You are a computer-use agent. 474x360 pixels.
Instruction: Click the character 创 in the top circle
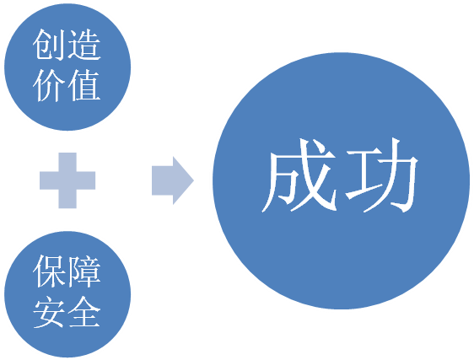[50, 45]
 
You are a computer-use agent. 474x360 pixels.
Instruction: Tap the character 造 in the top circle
[84, 45]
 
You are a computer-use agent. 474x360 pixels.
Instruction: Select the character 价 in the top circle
[50, 86]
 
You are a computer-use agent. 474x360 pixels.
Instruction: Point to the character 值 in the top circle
[84, 86]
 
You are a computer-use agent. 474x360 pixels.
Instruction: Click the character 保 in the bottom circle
[50, 271]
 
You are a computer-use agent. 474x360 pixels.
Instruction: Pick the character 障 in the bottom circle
[84, 271]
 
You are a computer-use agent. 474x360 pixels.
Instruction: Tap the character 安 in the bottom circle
[50, 312]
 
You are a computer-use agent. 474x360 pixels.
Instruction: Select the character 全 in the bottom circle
[84, 312]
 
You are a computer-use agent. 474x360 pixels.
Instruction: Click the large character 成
[299, 175]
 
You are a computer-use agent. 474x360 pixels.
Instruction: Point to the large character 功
[381, 175]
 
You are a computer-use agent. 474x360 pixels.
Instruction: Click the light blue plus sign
[67, 180]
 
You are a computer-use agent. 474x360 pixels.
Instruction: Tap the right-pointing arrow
[173, 180]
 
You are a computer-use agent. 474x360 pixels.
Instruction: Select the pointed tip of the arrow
[193, 180]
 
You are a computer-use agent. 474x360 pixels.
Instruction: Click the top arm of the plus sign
[67, 162]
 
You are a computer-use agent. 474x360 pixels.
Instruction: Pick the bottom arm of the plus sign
[67, 199]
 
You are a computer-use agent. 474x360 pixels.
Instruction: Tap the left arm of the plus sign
[49, 180]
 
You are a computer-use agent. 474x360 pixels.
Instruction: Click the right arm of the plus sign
[86, 180]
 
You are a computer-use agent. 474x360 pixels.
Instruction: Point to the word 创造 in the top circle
[67, 45]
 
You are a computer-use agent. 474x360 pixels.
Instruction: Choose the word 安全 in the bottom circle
[67, 312]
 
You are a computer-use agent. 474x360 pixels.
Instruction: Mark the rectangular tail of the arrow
[162, 180]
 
